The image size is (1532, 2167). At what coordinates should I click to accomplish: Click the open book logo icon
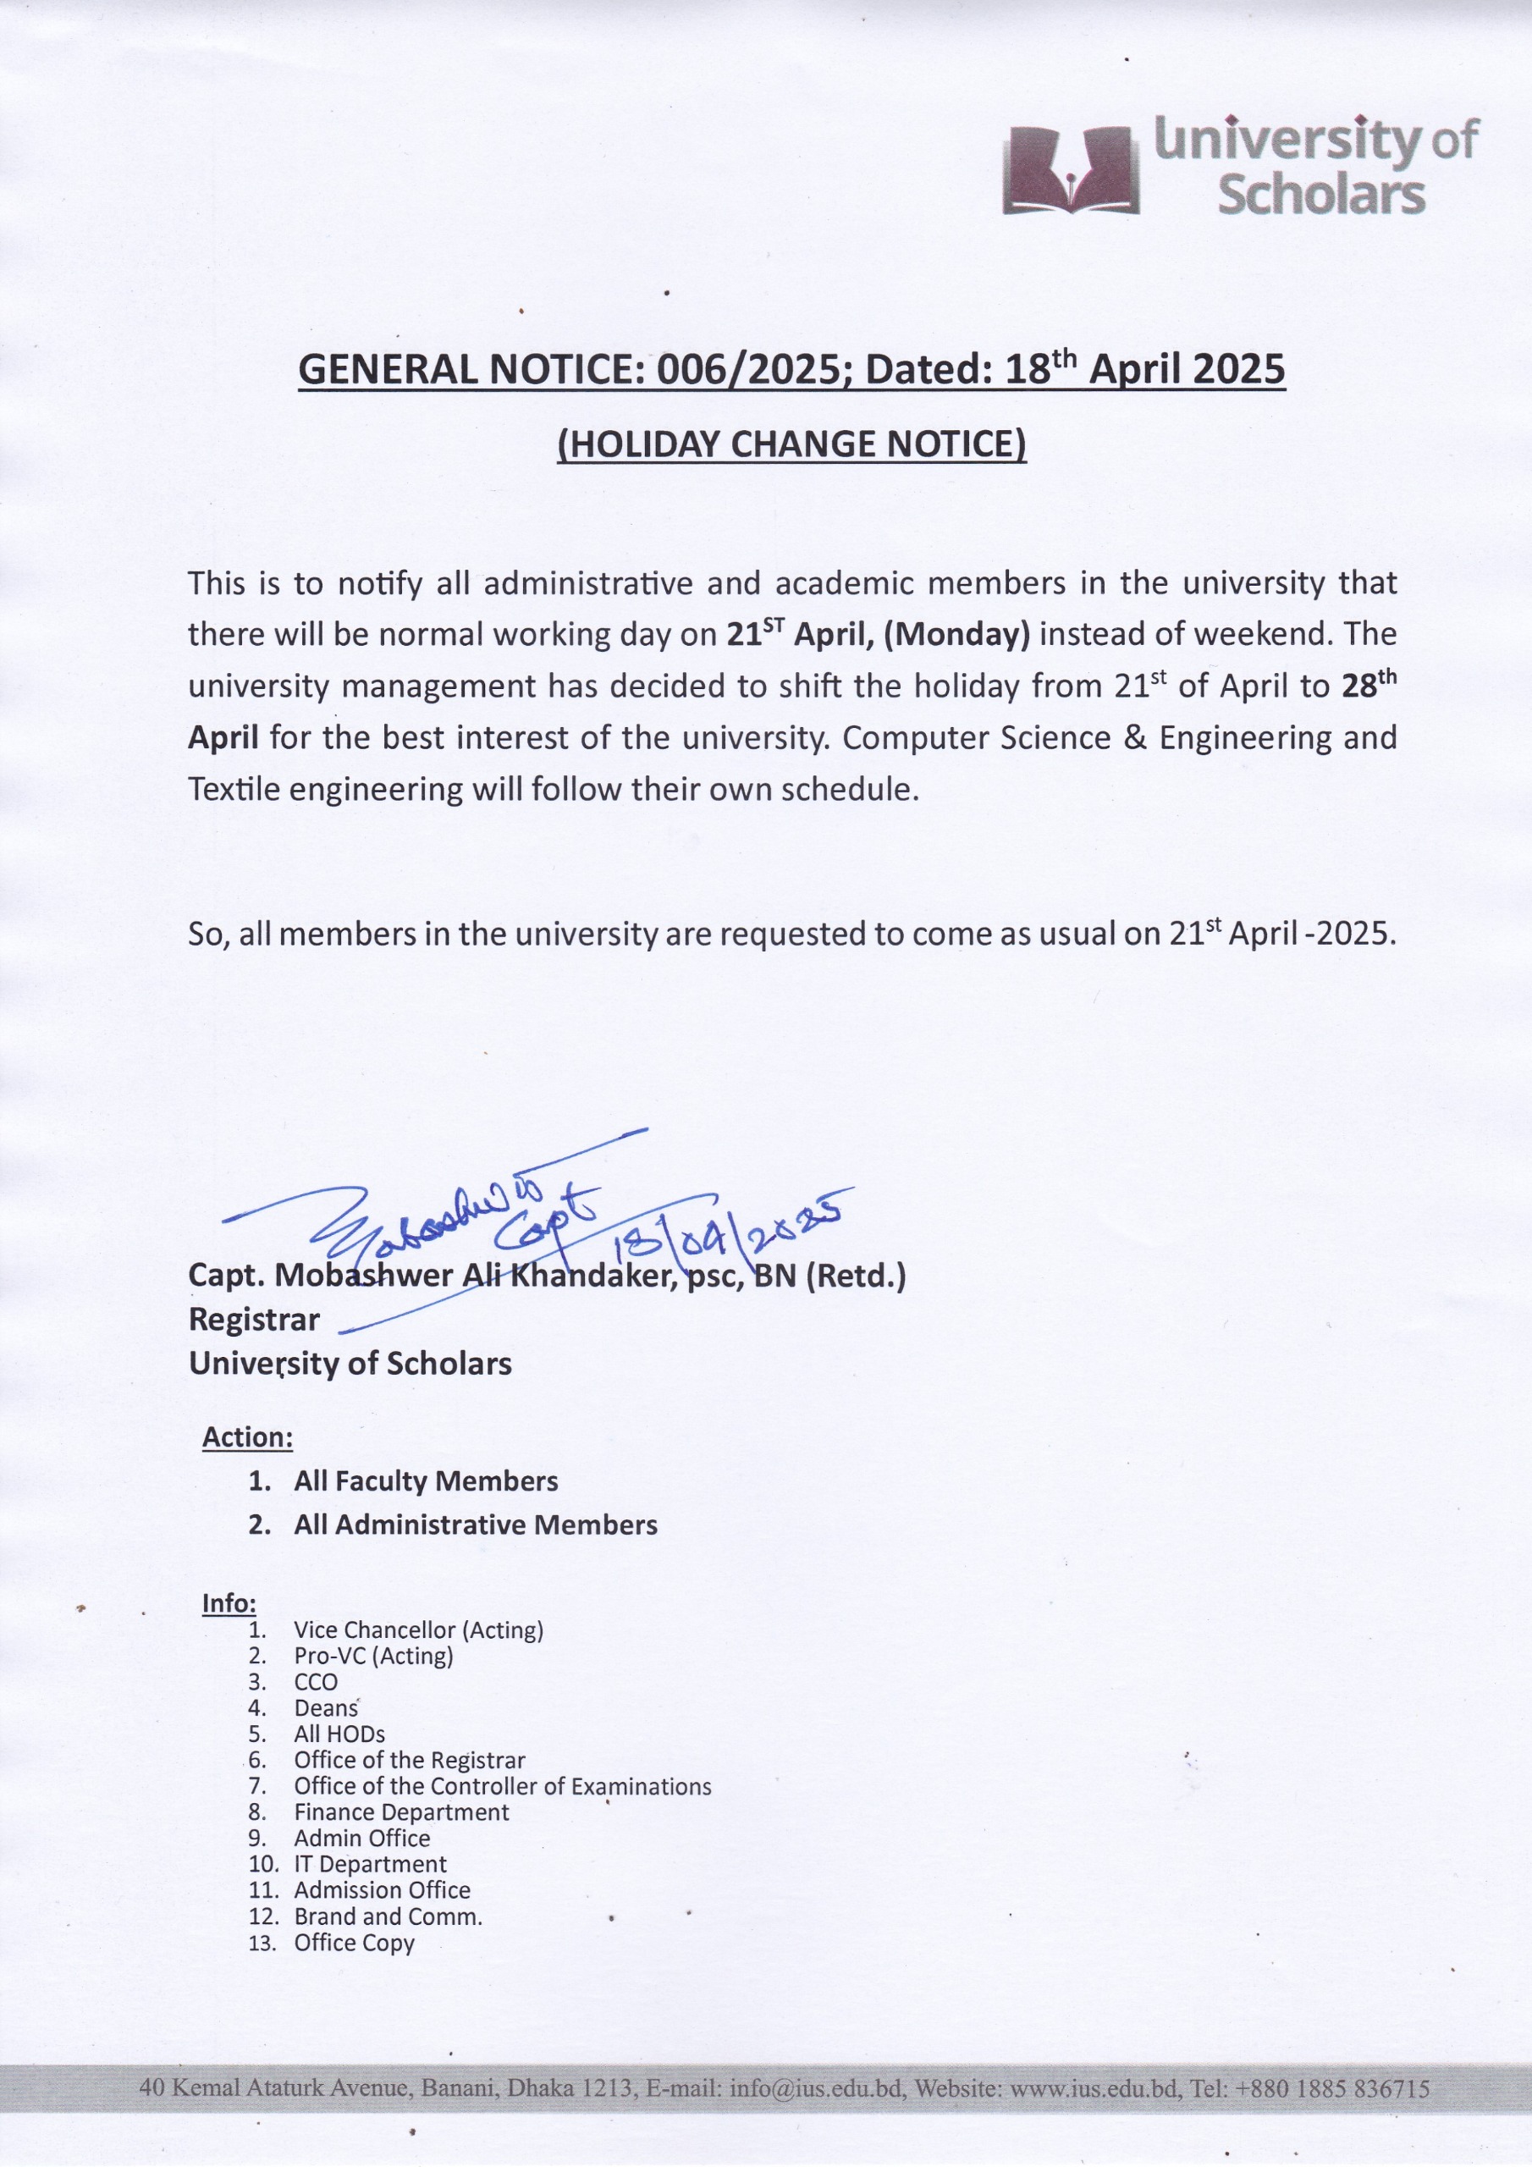point(1071,171)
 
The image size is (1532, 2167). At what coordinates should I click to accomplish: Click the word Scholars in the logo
point(1320,196)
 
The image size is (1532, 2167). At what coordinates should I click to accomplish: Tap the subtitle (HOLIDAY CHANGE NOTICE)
point(791,444)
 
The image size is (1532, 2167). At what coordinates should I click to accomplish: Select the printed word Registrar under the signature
point(254,1320)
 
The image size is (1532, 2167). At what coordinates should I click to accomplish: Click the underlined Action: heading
point(247,1437)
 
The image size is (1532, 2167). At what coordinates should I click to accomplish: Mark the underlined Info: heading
point(229,1603)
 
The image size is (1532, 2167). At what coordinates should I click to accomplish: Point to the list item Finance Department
point(401,1812)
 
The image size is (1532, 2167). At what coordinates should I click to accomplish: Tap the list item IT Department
point(370,1864)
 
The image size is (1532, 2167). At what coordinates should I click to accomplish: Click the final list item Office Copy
point(354,1943)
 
